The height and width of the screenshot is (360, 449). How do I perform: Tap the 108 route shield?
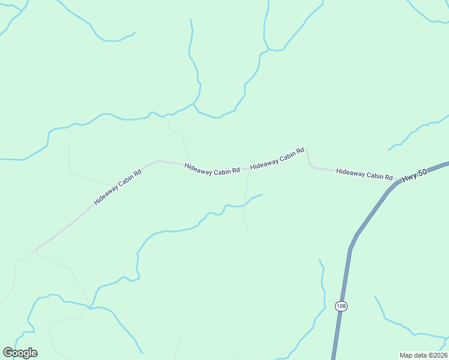pos(341,306)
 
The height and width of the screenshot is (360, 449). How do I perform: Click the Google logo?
pos(20,353)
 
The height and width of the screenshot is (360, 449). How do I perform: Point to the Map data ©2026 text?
pos(423,355)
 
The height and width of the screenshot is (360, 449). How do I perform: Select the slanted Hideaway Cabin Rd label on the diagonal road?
pos(118,187)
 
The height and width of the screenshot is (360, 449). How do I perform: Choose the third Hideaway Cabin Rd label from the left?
pos(277,158)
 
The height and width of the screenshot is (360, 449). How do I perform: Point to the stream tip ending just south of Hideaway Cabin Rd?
pos(262,194)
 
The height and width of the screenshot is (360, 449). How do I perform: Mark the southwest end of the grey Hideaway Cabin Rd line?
pos(36,250)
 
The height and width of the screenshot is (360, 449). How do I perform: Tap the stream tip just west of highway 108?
pos(319,260)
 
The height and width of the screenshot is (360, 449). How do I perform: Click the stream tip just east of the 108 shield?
pos(375,296)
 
